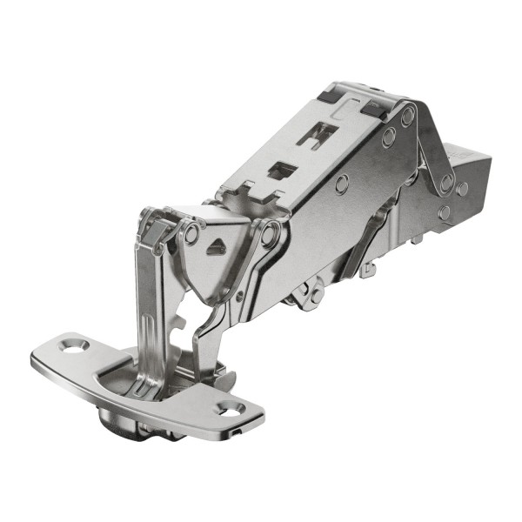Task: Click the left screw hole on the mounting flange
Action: tap(73, 345)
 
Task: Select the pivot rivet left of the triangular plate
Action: tap(191, 234)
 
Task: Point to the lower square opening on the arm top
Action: tap(280, 171)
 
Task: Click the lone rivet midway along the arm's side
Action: tap(342, 184)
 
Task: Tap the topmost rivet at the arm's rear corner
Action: tap(406, 116)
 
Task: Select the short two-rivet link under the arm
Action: tap(306, 296)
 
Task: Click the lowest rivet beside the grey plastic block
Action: tap(445, 211)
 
